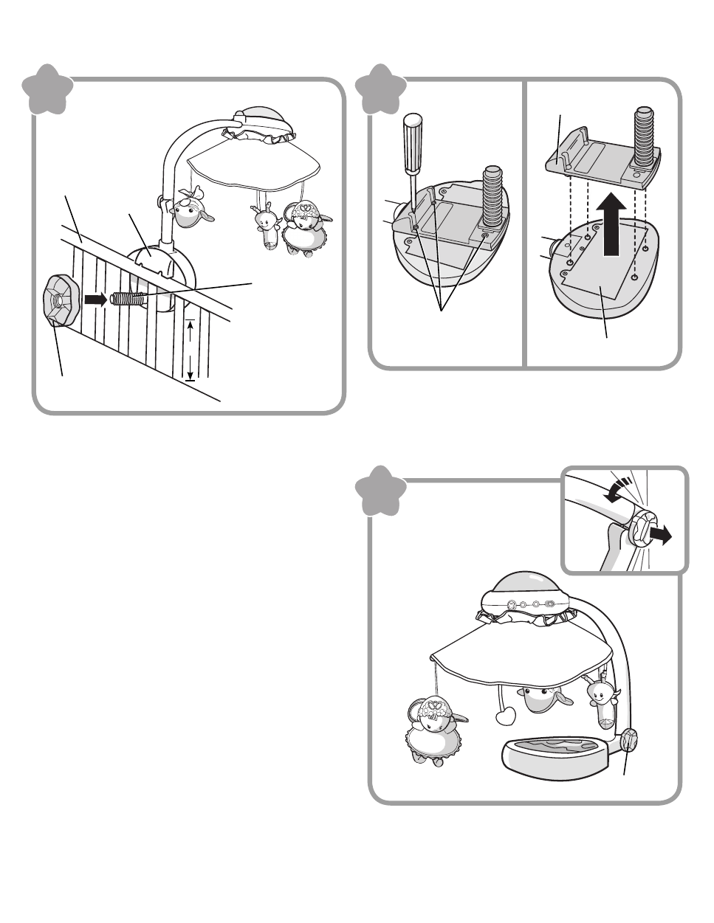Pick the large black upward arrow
(611, 229)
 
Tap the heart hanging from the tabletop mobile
(507, 716)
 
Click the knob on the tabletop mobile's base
(630, 740)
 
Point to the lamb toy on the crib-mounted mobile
(304, 229)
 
